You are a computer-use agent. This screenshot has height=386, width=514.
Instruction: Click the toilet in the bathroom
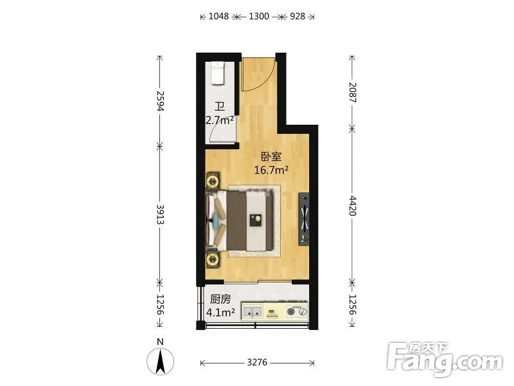coord(218,73)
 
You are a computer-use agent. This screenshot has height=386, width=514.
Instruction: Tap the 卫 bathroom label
coord(220,107)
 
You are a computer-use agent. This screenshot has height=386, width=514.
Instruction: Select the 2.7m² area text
coord(220,120)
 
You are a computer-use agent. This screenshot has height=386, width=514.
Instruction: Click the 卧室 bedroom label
coord(271,156)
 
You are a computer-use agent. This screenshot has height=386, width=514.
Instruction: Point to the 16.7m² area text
coord(271,170)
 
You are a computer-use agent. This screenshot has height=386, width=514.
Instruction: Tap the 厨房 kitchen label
coord(220,299)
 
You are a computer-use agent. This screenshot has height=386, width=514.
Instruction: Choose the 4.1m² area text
coord(220,312)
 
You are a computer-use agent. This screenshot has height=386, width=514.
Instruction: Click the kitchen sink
coord(253,311)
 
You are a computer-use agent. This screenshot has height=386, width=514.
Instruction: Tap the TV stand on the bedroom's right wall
coord(304,219)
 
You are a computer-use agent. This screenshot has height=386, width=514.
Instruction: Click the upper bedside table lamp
coord(213,181)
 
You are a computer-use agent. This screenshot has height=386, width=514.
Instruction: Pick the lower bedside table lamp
coord(213,260)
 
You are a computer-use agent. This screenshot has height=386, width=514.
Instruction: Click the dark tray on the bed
coord(256,220)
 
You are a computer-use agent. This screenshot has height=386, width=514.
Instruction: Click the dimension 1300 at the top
coord(259,16)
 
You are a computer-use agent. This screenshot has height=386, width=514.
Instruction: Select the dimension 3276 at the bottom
coord(257,362)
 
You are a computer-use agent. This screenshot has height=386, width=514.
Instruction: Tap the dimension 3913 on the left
coord(160,214)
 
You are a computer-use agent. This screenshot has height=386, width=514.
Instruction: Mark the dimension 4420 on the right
coord(352,205)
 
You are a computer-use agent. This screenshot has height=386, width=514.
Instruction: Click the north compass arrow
coord(160,362)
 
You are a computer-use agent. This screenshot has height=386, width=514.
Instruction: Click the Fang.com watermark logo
coord(445,360)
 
